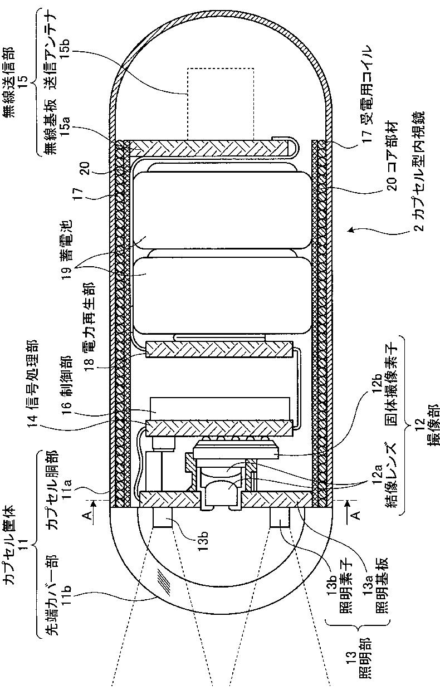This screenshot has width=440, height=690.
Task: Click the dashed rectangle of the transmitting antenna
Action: point(220,104)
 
